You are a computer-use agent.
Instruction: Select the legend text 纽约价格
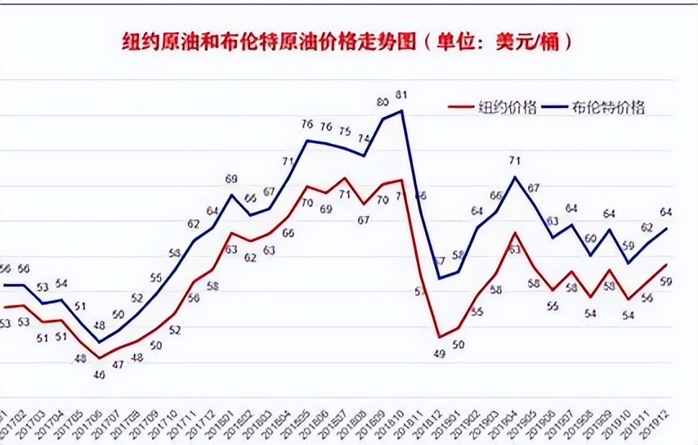(507, 107)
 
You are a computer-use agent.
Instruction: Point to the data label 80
(382, 102)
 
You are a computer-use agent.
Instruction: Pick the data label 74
(364, 139)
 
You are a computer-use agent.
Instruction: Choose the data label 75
(345, 131)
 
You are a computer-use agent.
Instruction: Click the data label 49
(438, 353)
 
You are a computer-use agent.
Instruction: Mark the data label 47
(118, 365)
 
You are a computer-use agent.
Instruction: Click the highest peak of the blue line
(401, 110)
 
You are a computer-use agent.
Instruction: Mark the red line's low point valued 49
(439, 337)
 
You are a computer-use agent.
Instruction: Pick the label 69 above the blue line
(231, 179)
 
